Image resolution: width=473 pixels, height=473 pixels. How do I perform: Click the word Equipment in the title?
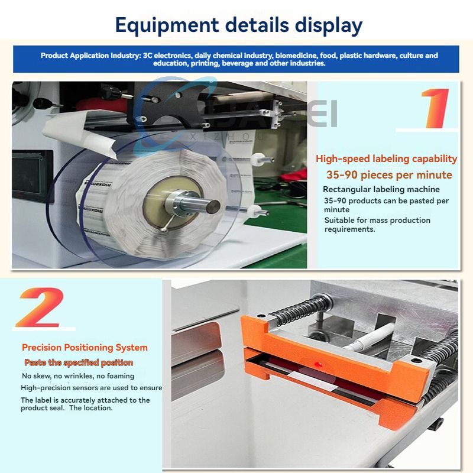tap(167, 25)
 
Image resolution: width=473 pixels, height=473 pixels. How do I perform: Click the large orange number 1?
tap(436, 108)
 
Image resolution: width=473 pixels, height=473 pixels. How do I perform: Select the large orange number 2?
tap(40, 307)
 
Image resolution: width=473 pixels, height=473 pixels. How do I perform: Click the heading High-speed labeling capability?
tap(387, 159)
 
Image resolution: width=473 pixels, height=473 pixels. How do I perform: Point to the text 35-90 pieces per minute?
tap(389, 175)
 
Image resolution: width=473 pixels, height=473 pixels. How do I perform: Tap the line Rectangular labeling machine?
tap(381, 189)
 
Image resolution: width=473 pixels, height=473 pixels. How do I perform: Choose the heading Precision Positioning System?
tap(85, 348)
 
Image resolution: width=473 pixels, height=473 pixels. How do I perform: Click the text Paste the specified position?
tap(79, 362)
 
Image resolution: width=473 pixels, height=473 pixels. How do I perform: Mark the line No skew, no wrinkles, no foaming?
tap(78, 376)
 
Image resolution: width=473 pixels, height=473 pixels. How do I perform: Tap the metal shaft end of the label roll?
tap(213, 206)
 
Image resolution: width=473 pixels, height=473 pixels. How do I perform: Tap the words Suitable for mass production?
tap(377, 220)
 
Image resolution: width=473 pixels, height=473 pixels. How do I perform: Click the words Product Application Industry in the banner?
tap(90, 56)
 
